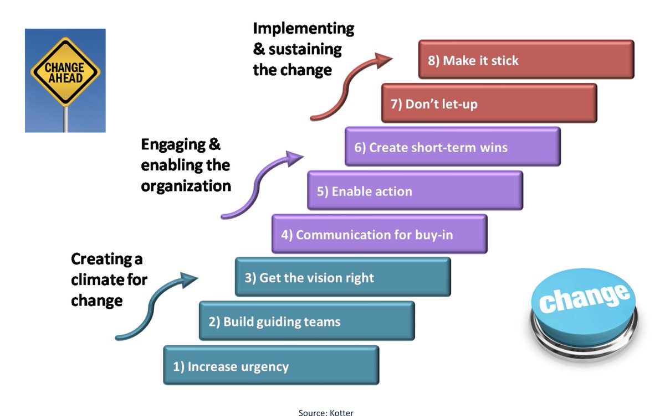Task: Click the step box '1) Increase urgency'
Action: (x=271, y=365)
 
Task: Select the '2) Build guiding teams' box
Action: (x=306, y=321)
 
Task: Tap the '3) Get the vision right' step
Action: (x=342, y=277)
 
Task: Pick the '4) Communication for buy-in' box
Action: (x=379, y=234)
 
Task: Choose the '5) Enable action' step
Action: (x=415, y=191)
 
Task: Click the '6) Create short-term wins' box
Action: (x=452, y=147)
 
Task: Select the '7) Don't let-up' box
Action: (x=489, y=103)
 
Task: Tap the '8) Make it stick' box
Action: (x=526, y=60)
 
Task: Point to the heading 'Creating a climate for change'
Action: (x=108, y=279)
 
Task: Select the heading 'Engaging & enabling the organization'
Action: (x=185, y=165)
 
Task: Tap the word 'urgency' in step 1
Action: (x=264, y=366)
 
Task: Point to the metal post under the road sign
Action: (x=65, y=119)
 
